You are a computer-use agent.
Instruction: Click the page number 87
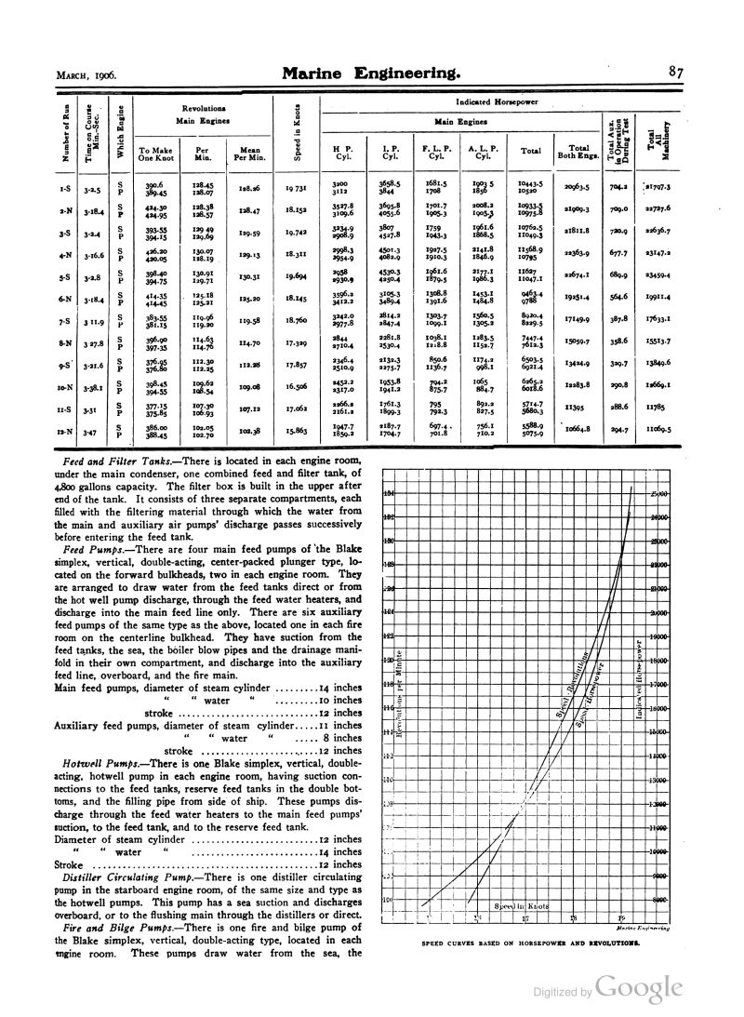[x=675, y=72]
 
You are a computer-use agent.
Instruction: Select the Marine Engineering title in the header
[x=370, y=72]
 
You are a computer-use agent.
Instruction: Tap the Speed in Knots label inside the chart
[x=524, y=904]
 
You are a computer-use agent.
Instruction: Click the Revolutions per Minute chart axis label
[x=398, y=697]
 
